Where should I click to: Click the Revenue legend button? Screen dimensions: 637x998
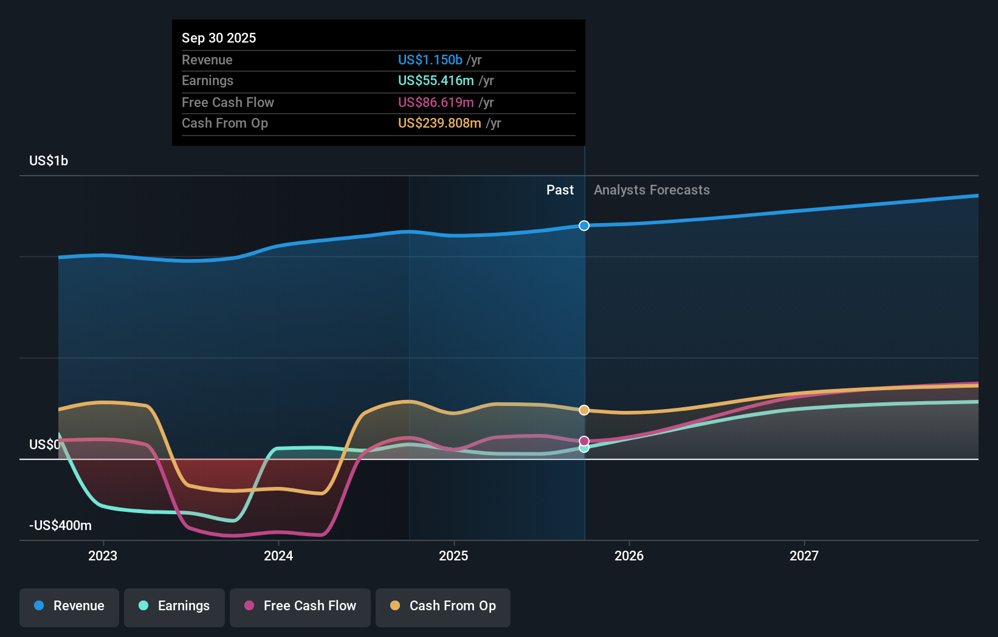click(x=69, y=606)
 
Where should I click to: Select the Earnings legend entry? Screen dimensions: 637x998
click(x=174, y=606)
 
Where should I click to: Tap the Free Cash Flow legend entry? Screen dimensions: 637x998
click(x=300, y=606)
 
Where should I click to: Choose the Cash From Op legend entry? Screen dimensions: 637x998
click(x=443, y=606)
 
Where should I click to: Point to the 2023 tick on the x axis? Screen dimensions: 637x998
click(x=103, y=556)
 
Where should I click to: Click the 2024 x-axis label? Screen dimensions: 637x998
click(x=278, y=556)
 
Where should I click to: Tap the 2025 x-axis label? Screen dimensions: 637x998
click(x=453, y=556)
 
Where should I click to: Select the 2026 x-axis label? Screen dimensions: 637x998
click(x=629, y=556)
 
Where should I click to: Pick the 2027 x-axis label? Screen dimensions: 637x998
click(x=804, y=556)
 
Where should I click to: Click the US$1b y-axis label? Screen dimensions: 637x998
click(x=49, y=161)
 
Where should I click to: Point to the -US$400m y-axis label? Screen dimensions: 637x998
click(x=60, y=526)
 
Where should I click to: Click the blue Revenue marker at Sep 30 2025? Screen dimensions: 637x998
click(x=584, y=226)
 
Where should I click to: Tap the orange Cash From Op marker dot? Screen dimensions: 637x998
click(x=584, y=410)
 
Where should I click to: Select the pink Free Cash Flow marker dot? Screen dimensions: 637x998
click(x=584, y=441)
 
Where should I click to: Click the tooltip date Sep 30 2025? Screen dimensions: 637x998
click(x=219, y=38)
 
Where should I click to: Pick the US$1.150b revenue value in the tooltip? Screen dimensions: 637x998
click(x=430, y=60)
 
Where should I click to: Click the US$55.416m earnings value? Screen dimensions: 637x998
click(x=436, y=81)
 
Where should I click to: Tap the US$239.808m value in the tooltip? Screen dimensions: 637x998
click(x=439, y=123)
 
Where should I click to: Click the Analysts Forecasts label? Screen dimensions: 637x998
click(x=652, y=190)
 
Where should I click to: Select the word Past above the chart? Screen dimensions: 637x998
click(x=560, y=190)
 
